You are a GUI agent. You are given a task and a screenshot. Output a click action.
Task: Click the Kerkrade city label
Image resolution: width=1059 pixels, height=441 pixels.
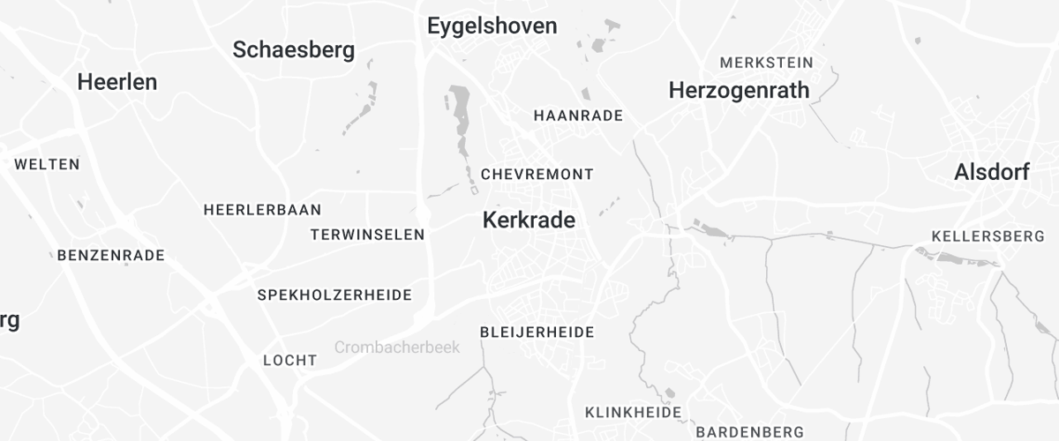click(x=529, y=220)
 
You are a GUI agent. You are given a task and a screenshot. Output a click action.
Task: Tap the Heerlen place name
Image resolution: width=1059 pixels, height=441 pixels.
click(x=117, y=82)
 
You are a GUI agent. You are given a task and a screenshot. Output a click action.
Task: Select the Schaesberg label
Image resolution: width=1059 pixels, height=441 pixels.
click(x=294, y=50)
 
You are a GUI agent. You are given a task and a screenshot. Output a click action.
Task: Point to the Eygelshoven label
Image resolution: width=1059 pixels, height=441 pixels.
click(x=492, y=26)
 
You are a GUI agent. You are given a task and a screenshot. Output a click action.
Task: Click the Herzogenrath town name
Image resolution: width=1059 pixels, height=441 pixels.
click(x=739, y=90)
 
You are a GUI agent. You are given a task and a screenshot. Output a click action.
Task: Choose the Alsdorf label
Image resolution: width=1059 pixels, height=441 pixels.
click(x=991, y=173)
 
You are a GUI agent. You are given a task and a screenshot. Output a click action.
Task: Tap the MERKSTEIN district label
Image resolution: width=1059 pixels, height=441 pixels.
click(x=766, y=63)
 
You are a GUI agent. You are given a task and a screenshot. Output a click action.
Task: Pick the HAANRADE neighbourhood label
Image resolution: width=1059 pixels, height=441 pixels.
click(x=578, y=116)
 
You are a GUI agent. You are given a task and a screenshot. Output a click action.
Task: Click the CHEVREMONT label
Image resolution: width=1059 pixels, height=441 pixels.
click(x=537, y=175)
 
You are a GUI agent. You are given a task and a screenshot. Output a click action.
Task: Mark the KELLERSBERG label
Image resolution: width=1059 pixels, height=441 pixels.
click(x=988, y=236)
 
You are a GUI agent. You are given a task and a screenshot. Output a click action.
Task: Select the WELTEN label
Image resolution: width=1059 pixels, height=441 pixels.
click(x=47, y=164)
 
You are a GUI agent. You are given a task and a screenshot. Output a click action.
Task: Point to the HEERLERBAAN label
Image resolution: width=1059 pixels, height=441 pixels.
click(x=262, y=210)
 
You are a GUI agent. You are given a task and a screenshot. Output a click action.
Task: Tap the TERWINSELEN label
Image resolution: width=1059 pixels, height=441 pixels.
click(x=367, y=235)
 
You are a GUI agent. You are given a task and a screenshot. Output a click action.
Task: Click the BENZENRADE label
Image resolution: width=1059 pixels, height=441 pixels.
click(x=110, y=256)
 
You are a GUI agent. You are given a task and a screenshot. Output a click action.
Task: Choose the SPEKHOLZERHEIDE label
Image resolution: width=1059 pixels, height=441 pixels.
click(x=334, y=295)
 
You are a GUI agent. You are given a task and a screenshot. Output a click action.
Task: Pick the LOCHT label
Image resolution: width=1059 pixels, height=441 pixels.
click(x=289, y=360)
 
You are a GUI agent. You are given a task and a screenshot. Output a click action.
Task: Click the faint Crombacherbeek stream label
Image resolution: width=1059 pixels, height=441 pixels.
click(x=397, y=348)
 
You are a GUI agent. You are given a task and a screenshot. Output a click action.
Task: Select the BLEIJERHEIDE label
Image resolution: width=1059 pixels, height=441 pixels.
click(x=537, y=332)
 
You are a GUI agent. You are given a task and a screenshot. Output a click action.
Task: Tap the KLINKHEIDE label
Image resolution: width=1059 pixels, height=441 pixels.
click(x=633, y=412)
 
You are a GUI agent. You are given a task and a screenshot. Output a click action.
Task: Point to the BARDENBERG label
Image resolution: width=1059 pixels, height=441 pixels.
click(x=749, y=432)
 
